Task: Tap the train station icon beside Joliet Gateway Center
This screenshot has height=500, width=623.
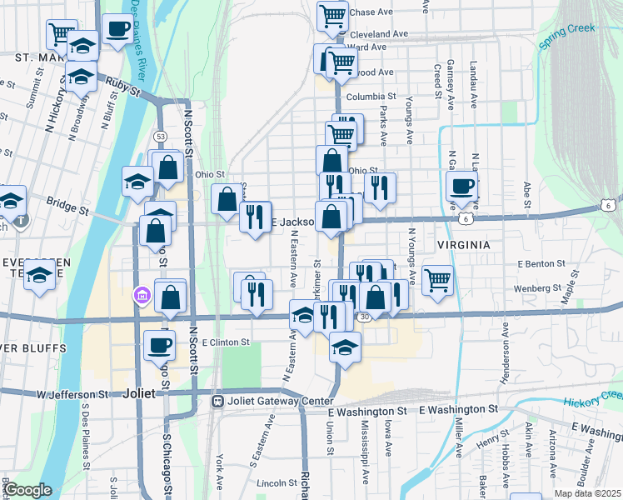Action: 217,401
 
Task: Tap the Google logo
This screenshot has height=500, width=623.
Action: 27,490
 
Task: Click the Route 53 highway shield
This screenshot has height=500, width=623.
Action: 159,136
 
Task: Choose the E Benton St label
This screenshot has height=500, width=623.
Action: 541,263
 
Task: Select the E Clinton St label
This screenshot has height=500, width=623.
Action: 220,342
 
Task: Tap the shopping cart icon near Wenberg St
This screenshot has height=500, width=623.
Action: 437,280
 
